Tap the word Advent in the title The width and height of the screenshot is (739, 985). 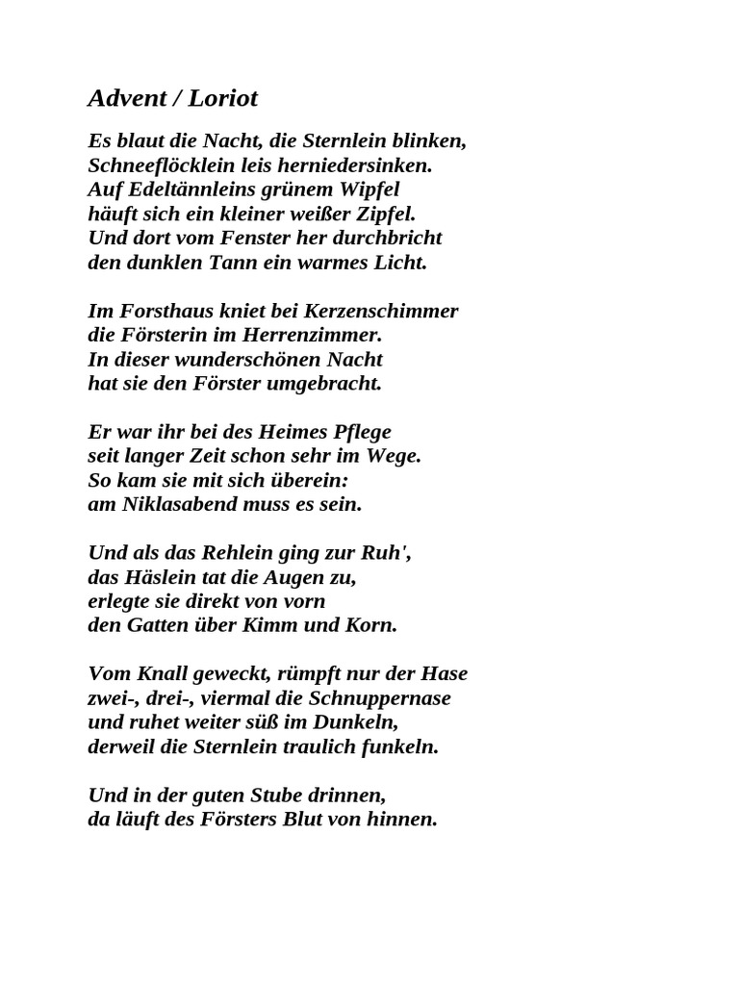click(x=124, y=98)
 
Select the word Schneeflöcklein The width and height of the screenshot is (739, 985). click(x=156, y=164)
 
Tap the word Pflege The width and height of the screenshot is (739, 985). click(x=360, y=432)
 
